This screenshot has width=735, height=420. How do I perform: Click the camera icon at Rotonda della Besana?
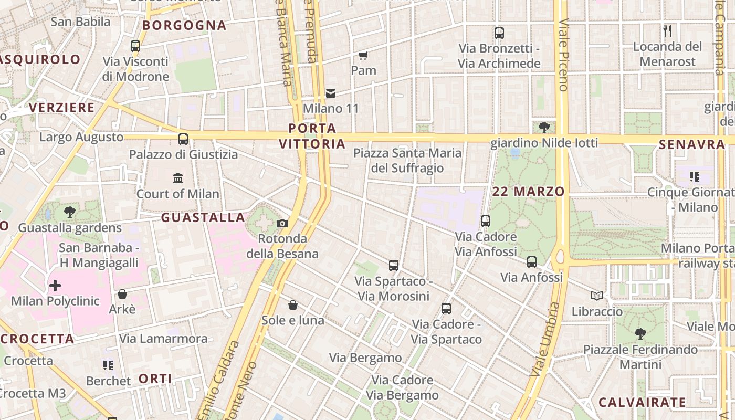[282, 224]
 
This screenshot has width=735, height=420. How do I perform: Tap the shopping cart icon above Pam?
[363, 55]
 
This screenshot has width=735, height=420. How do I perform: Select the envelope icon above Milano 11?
[331, 93]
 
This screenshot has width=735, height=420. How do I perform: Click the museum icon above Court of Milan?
[178, 178]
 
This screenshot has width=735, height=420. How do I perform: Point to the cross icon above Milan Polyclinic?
[55, 286]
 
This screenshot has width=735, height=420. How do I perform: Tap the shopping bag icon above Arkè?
[122, 294]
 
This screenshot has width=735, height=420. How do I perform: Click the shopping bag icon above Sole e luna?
[293, 305]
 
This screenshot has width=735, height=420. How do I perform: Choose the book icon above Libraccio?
[597, 296]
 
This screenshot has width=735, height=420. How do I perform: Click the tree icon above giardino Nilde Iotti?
[544, 127]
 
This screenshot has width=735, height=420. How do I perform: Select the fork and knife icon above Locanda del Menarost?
[667, 31]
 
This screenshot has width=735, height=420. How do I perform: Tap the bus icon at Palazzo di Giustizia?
[183, 139]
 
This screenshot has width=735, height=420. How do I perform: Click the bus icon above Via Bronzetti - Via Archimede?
[499, 33]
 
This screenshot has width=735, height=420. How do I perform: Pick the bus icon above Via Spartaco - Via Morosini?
[394, 266]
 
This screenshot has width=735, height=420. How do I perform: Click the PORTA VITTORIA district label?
[312, 136]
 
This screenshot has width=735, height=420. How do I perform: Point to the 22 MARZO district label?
[528, 192]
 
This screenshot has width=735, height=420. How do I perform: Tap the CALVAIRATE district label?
[642, 403]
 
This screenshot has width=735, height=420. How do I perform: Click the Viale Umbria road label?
[544, 339]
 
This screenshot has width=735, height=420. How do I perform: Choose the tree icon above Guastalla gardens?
[70, 213]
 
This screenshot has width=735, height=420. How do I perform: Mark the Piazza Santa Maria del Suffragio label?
[407, 161]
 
